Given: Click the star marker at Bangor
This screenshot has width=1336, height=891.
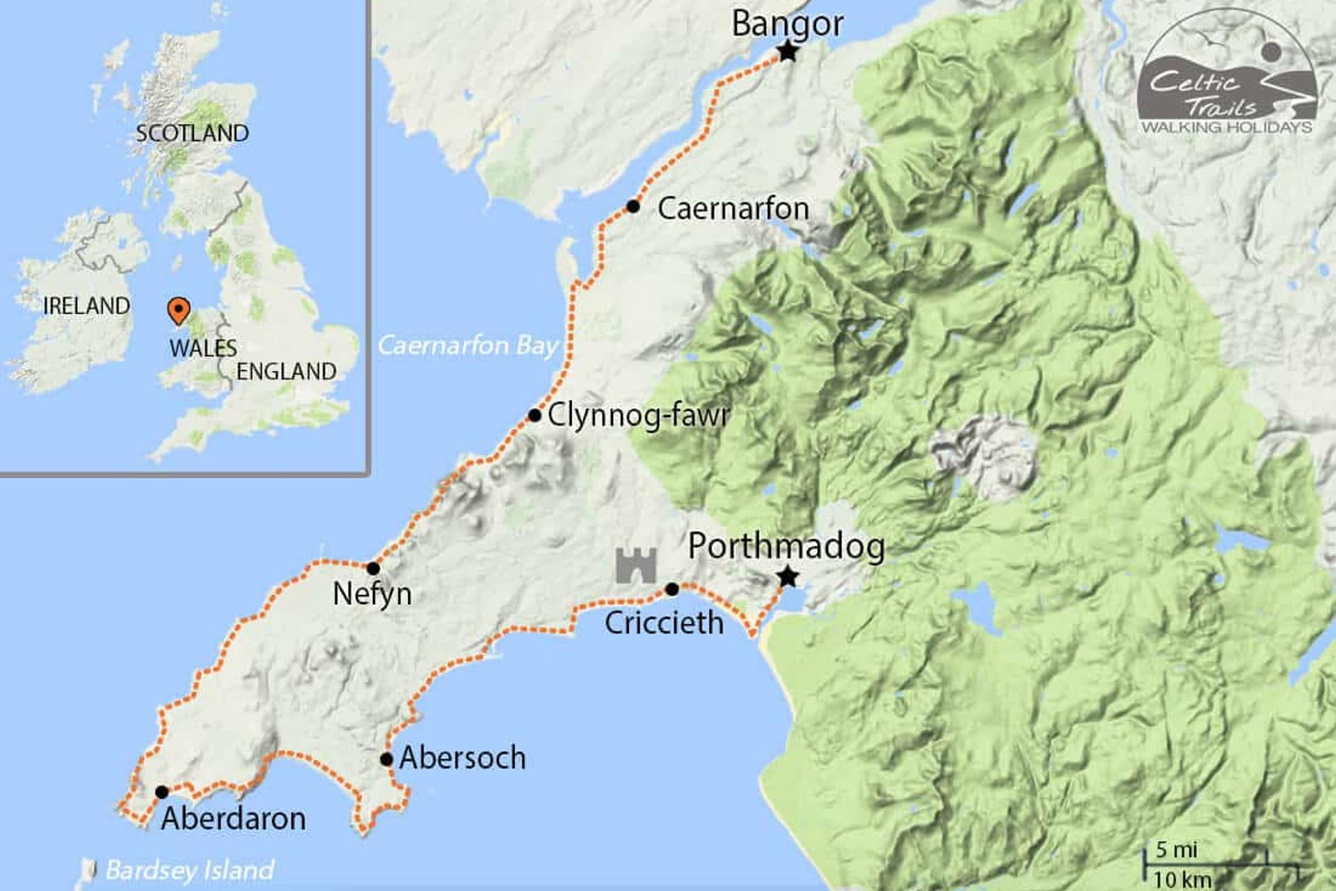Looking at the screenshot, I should tap(787, 51).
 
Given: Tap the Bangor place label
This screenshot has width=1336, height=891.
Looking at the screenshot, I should tap(787, 24).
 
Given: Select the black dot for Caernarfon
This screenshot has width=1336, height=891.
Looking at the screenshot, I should tap(633, 206).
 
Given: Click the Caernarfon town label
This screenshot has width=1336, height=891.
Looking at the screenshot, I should tap(733, 209).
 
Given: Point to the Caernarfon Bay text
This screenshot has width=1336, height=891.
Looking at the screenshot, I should tap(468, 345).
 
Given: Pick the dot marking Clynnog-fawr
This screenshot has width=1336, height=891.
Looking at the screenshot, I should tap(534, 416).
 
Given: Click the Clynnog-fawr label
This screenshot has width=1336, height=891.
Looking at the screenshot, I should tap(638, 416).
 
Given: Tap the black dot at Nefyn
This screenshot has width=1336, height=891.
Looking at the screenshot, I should tap(373, 568).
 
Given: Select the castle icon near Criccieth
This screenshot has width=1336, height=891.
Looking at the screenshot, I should tap(635, 565).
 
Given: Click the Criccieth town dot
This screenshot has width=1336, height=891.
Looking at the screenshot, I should tap(671, 590).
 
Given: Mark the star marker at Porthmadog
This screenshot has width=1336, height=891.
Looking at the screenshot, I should tap(787, 576).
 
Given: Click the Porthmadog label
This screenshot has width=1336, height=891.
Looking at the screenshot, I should tap(786, 546).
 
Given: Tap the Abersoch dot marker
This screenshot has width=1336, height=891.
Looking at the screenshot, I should tap(386, 759).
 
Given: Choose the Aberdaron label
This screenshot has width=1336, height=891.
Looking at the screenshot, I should tap(233, 819).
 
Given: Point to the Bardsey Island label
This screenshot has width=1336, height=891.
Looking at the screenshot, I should tap(189, 870).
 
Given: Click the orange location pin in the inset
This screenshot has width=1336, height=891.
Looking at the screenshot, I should tap(179, 310).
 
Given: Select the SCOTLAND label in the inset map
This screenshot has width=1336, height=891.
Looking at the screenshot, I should tap(192, 133).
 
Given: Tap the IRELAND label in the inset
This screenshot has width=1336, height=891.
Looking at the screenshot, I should tap(86, 306).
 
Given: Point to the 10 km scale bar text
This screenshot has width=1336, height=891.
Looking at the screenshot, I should tap(1182, 878).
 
